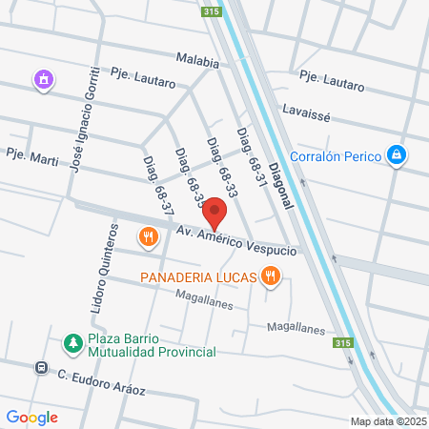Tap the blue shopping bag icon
coord(397,153)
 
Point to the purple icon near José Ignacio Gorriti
coord(43,81)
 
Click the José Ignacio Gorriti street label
coord(84,119)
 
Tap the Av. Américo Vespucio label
coord(235,239)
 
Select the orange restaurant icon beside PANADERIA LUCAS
coord(273,276)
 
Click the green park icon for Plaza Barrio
coord(71,342)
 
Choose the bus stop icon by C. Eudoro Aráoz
coord(41,367)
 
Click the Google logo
coord(32,417)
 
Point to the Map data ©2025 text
coord(388,421)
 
